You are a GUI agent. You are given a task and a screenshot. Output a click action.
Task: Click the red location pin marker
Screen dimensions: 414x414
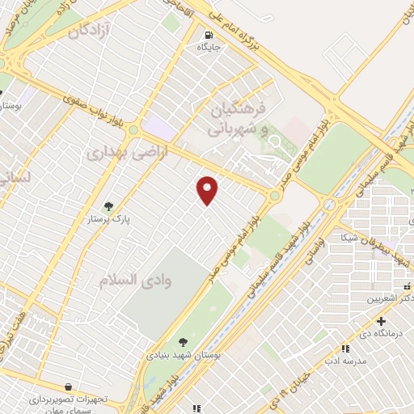[x=208, y=189]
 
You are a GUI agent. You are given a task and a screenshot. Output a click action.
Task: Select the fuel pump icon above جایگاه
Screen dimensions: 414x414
[x=209, y=36]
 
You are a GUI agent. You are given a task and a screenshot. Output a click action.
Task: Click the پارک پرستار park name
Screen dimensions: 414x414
[x=109, y=218]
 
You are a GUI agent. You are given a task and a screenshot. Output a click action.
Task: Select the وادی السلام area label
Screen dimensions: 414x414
[x=135, y=279]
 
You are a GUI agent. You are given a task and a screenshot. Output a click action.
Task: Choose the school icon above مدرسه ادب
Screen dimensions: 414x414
[x=345, y=349]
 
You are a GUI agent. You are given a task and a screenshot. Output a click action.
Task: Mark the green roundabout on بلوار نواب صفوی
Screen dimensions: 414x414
[x=133, y=129]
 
